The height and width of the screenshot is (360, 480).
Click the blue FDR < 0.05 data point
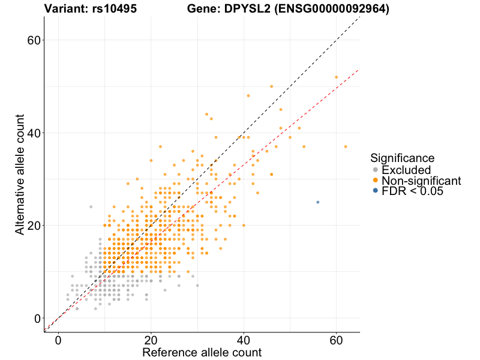point(317,202)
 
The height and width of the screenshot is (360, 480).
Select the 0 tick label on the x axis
point(58,340)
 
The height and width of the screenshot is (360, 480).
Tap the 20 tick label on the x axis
point(151,340)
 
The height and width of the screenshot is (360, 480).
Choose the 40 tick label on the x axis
point(244,340)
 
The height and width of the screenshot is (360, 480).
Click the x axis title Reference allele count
point(202,352)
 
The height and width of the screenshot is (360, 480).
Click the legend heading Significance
point(402,158)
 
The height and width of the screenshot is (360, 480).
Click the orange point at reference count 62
point(346,146)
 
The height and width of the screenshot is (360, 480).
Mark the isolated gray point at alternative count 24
point(91,207)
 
